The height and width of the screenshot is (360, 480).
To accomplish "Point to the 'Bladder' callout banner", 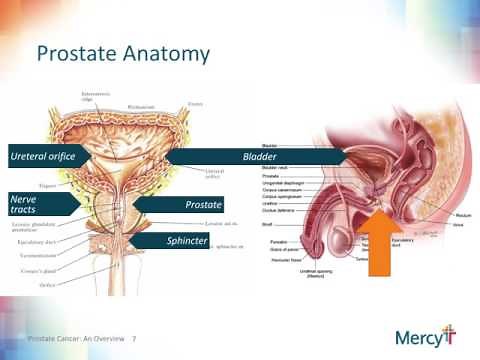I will pyautogui.click(x=258, y=157).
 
